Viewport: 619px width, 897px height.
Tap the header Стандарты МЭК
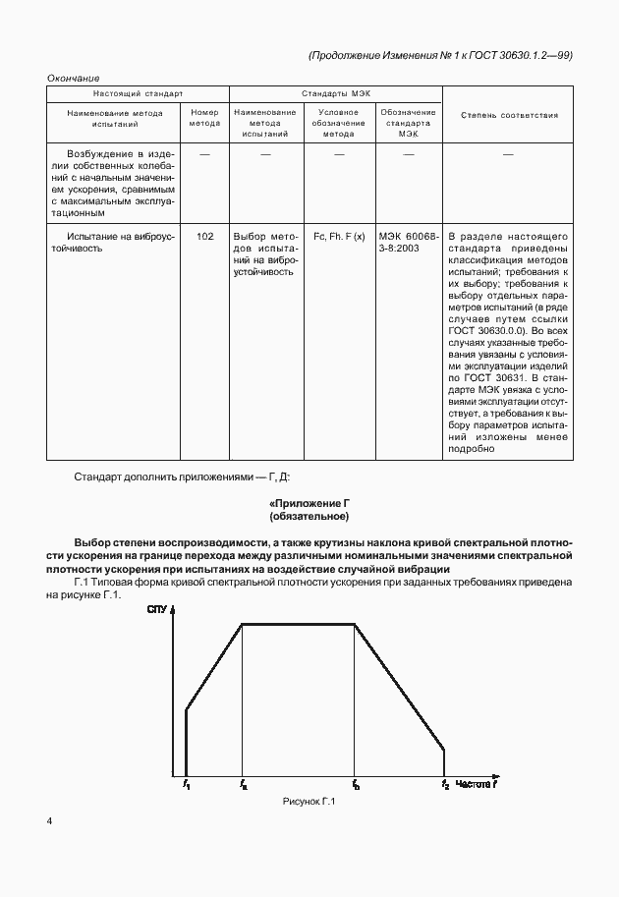[336, 93]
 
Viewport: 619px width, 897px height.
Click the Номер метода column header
[204, 119]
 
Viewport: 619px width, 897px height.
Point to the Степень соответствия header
[508, 115]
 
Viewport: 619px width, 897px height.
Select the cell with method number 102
[204, 237]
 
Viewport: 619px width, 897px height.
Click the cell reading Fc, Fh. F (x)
[338, 237]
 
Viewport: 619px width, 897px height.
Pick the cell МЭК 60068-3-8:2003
[409, 243]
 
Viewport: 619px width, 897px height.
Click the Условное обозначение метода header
[338, 124]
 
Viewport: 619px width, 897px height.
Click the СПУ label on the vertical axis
[157, 611]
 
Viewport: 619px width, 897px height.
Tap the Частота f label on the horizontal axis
[480, 783]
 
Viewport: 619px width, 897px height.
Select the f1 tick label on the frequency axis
[185, 784]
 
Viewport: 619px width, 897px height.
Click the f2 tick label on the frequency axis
[444, 784]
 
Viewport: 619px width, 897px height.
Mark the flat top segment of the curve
[299, 622]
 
